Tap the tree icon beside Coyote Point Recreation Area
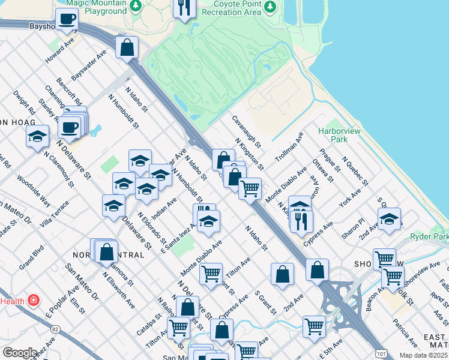tap(270, 7)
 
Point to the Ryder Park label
tap(430, 238)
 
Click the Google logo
tap(19, 353)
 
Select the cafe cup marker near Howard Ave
tap(67, 18)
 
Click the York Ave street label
tap(348, 199)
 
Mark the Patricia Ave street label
tap(405, 333)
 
